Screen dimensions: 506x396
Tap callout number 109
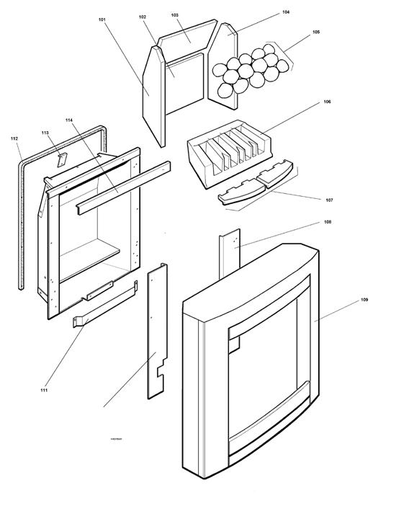[x=364, y=298]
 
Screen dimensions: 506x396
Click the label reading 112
[x=15, y=137]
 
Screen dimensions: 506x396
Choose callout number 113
[x=45, y=133]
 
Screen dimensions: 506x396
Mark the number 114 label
[x=69, y=119]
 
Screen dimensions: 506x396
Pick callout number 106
[x=327, y=102]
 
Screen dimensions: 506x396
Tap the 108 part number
[x=327, y=222]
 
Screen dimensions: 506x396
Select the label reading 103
[x=175, y=14]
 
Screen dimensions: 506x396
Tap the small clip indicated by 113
[x=63, y=158]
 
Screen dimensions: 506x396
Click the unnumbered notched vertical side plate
[x=157, y=332]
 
